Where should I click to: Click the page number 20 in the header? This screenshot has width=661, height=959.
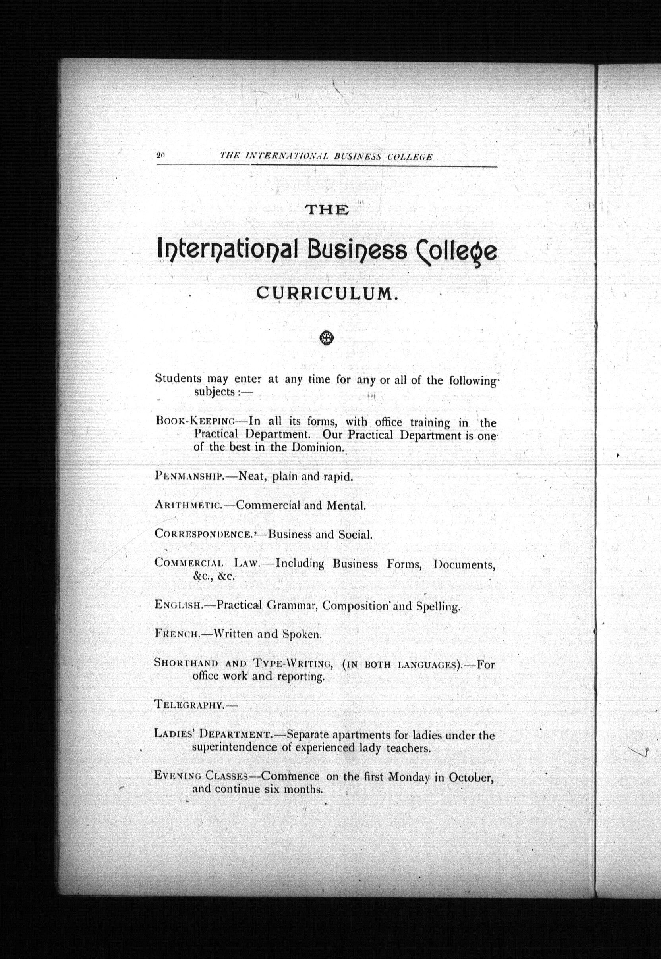pyautogui.click(x=161, y=156)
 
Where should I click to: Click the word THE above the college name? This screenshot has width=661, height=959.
pyautogui.click(x=327, y=210)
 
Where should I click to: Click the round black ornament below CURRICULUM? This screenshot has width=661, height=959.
pyautogui.click(x=327, y=338)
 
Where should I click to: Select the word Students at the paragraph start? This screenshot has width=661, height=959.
pyautogui.click(x=178, y=378)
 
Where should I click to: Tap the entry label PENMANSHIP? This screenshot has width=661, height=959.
pyautogui.click(x=190, y=476)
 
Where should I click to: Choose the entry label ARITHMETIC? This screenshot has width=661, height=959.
pyautogui.click(x=189, y=505)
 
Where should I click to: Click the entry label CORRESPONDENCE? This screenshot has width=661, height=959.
pyautogui.click(x=203, y=534)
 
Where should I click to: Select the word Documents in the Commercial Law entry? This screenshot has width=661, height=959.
pyautogui.click(x=464, y=564)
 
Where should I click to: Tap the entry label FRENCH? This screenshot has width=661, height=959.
pyautogui.click(x=177, y=634)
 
